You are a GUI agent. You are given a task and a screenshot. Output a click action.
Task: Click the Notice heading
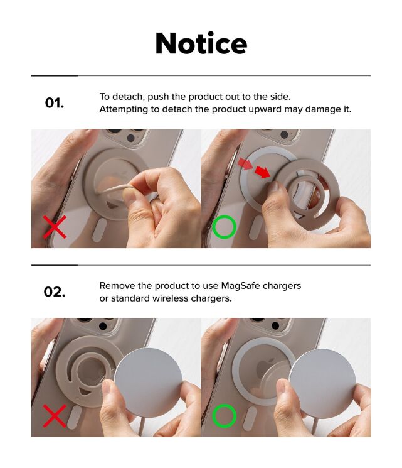click(x=201, y=43)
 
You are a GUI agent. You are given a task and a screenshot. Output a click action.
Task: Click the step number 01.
click(x=55, y=103)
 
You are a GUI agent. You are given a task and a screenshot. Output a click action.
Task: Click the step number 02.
click(x=55, y=291)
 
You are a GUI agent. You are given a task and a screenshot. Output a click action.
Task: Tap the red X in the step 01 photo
click(x=55, y=227)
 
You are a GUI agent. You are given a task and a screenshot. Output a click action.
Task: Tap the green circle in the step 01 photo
click(x=224, y=227)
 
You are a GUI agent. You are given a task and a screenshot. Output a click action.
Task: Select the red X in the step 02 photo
click(x=55, y=416)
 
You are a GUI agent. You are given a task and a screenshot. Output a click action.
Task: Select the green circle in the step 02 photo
click(x=224, y=416)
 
